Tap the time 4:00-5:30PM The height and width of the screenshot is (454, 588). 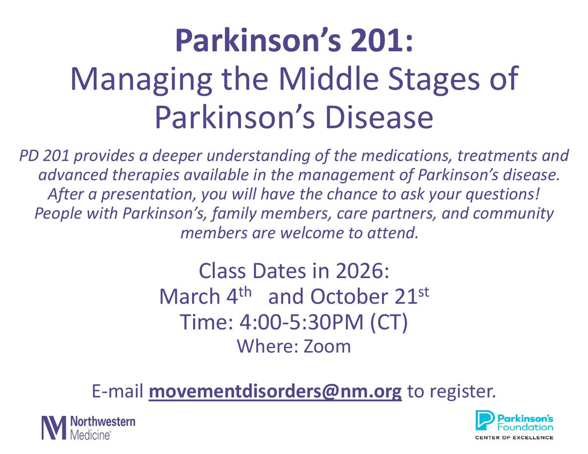coord(304,323)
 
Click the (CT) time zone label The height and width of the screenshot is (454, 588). coord(388,323)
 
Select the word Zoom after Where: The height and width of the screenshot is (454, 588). coord(327,346)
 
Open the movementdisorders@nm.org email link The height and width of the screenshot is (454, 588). coord(275,392)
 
